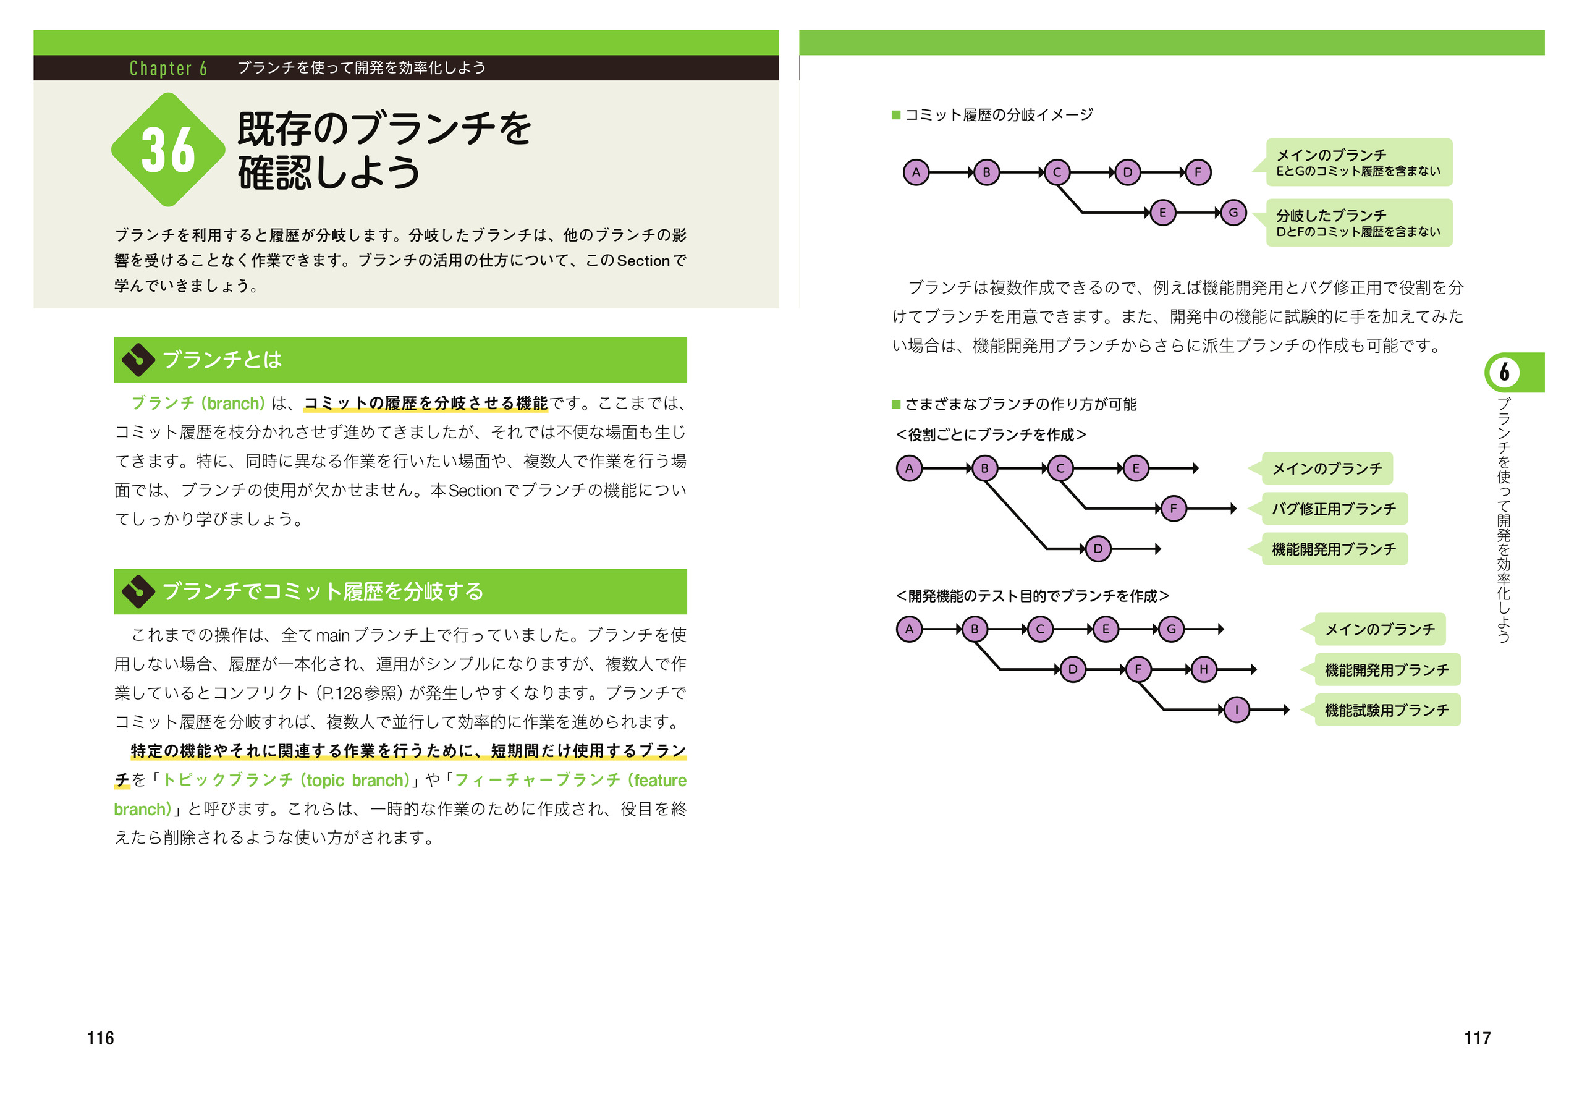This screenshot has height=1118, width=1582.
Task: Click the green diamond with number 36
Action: click(168, 150)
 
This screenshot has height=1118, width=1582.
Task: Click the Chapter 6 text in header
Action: click(168, 68)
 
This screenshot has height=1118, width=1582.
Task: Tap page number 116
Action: click(101, 1038)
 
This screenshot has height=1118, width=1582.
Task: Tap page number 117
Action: click(1478, 1038)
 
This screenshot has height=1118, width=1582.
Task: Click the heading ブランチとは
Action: click(222, 360)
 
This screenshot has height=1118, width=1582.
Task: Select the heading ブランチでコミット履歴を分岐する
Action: click(323, 591)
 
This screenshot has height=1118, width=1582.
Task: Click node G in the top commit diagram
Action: click(1233, 213)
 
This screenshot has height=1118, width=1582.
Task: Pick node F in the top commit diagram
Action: click(1198, 172)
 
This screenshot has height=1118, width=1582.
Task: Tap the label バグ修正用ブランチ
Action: click(1334, 509)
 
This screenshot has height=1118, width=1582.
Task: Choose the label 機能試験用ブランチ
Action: click(1387, 710)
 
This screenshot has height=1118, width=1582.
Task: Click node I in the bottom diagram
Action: click(1237, 710)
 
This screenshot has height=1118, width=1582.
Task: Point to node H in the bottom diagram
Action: click(1204, 669)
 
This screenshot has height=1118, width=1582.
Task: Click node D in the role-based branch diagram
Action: click(1098, 549)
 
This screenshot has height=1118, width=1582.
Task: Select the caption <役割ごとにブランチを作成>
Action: click(991, 435)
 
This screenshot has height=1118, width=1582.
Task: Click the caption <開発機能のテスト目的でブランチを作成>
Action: click(1032, 596)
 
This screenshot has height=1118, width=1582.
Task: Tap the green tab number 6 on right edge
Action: click(1505, 372)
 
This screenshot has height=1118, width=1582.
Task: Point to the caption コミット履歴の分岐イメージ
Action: click(999, 115)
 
